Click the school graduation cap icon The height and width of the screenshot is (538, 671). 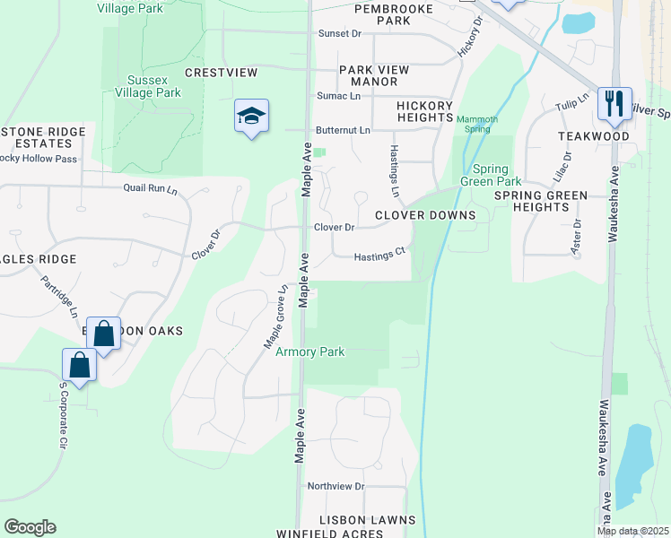click(252, 116)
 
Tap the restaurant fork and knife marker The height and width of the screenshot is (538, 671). click(614, 103)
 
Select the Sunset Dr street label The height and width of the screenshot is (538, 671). click(339, 34)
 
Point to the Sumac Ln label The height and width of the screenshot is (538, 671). click(338, 96)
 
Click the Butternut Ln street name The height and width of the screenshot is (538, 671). click(343, 130)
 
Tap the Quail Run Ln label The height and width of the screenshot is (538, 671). click(151, 188)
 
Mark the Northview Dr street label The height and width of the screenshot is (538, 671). click(335, 486)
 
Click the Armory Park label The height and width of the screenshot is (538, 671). click(310, 352)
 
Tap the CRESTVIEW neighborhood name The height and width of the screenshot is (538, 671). click(221, 72)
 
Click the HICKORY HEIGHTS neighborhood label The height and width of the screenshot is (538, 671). click(424, 111)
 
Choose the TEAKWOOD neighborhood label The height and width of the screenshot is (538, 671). click(593, 135)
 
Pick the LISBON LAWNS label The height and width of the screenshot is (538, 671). click(370, 520)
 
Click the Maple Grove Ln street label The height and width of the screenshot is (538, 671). click(274, 319)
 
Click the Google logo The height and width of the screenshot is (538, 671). click(30, 527)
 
